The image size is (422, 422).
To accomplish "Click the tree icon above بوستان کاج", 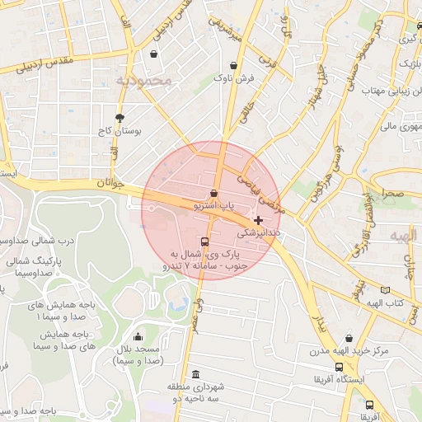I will [120, 118].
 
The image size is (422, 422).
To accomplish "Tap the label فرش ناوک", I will [235, 78].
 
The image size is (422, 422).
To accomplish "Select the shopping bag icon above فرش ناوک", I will [235, 65].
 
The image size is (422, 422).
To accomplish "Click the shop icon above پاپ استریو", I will [214, 192].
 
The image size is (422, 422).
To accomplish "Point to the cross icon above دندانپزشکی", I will [260, 220].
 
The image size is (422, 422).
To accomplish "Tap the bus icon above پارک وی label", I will [204, 242].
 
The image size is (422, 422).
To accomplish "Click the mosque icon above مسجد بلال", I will [137, 336].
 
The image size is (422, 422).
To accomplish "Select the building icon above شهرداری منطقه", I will [195, 373].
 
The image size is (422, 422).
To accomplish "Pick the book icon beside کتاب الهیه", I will [385, 289].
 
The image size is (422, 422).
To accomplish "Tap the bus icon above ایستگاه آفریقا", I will [339, 367].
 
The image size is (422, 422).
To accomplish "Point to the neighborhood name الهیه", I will [404, 236].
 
